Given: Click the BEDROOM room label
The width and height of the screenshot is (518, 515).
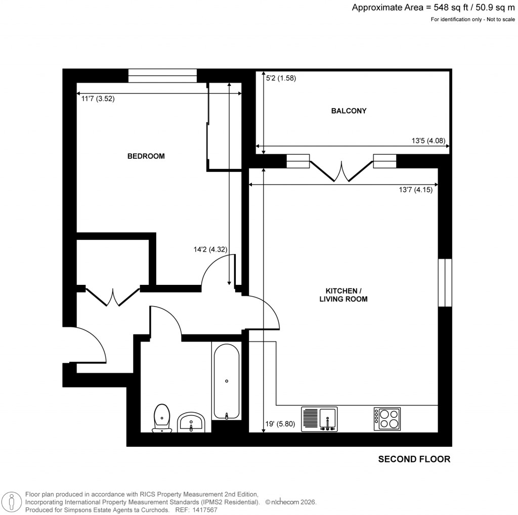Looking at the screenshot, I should [146, 156].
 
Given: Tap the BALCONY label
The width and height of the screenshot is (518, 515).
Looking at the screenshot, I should [349, 111].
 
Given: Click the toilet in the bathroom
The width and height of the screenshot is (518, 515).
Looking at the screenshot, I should [162, 418].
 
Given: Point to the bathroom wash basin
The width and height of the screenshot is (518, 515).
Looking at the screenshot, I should [191, 422].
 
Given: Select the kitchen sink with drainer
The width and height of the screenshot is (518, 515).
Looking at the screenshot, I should [320, 419].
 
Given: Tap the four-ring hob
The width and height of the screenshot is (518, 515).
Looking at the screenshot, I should [387, 419].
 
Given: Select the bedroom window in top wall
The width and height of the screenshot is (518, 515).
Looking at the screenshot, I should [162, 76].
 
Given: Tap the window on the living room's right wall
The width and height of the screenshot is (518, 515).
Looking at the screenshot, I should [444, 282].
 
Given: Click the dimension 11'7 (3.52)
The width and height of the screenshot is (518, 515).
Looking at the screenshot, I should [98, 99].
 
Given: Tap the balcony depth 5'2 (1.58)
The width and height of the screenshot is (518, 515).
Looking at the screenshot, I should [281, 78].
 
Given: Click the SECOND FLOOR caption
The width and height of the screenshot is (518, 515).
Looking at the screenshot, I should [414, 459].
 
